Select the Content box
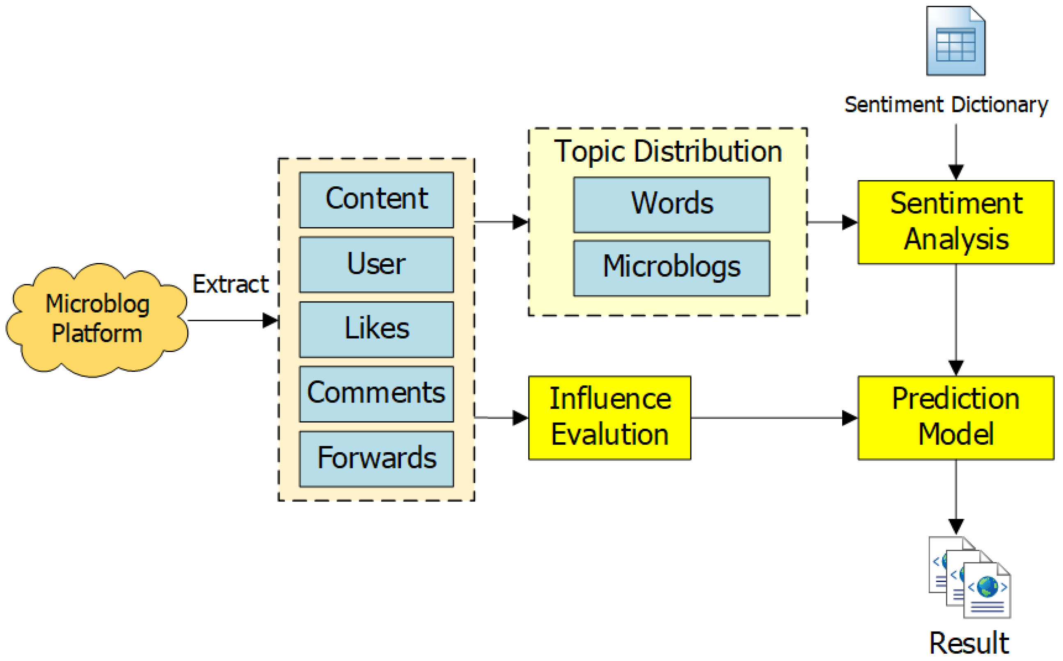pyautogui.click(x=376, y=200)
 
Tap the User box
pyautogui.click(x=376, y=265)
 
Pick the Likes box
pyautogui.click(x=376, y=329)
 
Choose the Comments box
pyautogui.click(x=376, y=394)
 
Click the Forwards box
pyautogui.click(x=376, y=459)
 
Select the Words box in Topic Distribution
pyautogui.click(x=671, y=205)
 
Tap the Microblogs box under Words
pyautogui.click(x=671, y=268)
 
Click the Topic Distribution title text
pyautogui.click(x=668, y=151)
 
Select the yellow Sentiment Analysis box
pyautogui.click(x=956, y=222)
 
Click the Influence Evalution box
pyautogui.click(x=609, y=418)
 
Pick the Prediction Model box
pyautogui.click(x=956, y=418)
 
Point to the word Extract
pyautogui.click(x=230, y=284)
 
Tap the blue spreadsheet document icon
pyautogui.click(x=955, y=41)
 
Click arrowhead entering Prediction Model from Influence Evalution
pyautogui.click(x=849, y=418)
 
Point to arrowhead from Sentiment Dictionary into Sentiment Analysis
pyautogui.click(x=956, y=172)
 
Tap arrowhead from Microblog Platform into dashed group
pyautogui.click(x=270, y=320)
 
